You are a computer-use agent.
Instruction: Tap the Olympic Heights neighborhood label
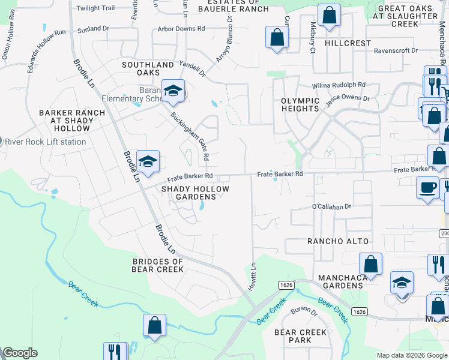coord(300,104)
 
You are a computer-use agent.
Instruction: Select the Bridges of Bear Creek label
coord(157,265)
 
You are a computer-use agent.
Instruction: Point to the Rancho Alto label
coord(336,241)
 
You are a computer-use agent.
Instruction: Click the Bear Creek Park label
coord(300,336)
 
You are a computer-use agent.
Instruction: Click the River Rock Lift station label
coord(45,142)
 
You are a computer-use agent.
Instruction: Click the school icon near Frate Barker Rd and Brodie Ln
coord(148,161)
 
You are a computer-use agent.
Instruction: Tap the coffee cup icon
coord(427,187)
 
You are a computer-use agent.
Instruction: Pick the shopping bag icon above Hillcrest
coord(329,16)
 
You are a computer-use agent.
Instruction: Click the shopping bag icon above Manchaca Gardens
coord(371,264)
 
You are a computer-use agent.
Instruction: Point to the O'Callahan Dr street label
coord(331,207)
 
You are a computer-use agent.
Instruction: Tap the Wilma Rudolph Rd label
coord(338,85)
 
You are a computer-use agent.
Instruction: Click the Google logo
coord(20,353)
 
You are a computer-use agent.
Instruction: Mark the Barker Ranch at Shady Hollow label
coord(72,121)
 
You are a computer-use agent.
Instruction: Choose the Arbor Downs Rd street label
coord(181,28)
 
